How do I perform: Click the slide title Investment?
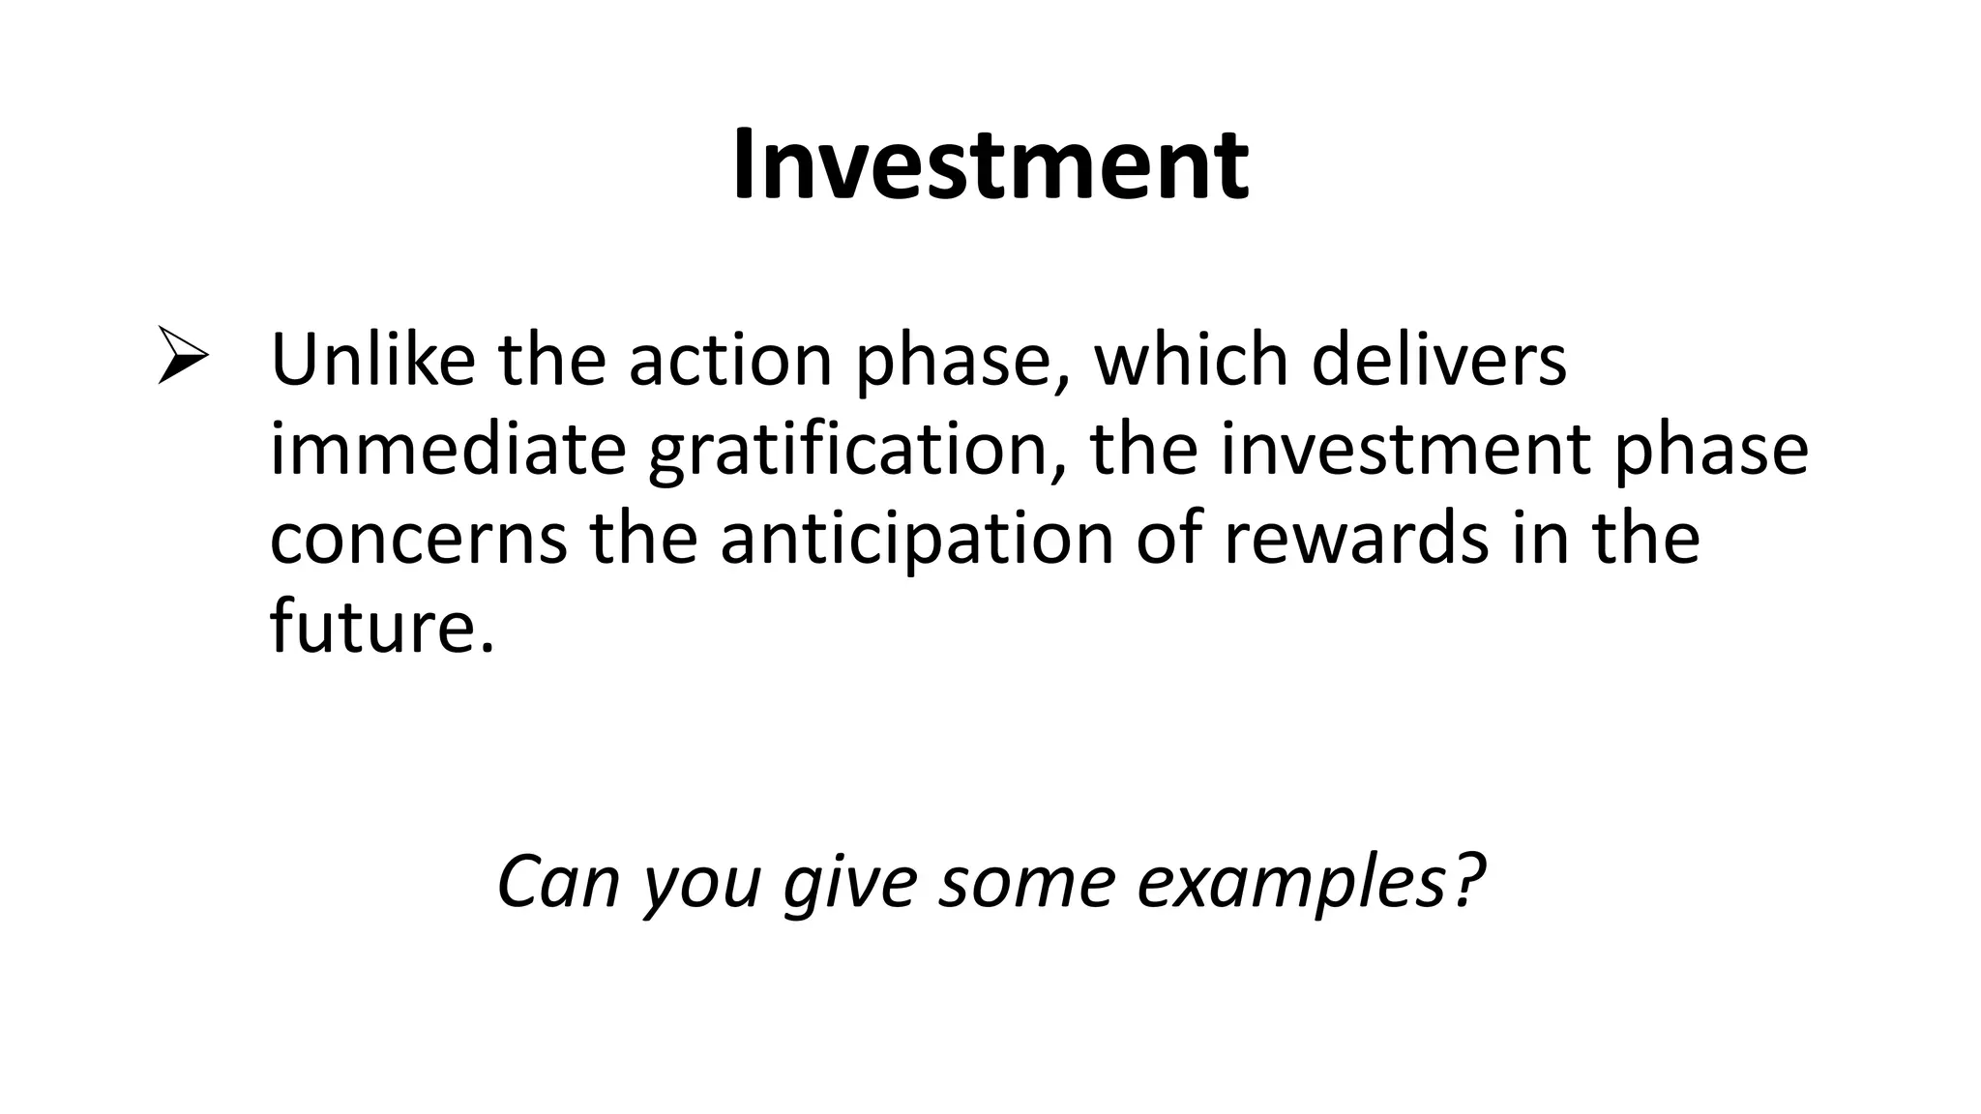coord(990,166)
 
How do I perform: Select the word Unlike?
coord(372,360)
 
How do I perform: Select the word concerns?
coord(418,540)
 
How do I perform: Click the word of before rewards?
coord(1169,540)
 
